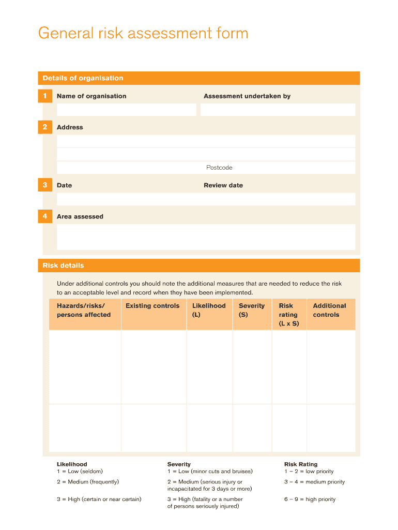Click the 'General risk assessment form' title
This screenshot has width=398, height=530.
click(143, 34)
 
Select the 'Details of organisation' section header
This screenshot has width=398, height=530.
click(83, 78)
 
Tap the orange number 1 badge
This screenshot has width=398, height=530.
click(45, 96)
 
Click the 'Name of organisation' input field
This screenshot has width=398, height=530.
click(127, 110)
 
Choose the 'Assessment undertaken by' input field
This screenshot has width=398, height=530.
click(278, 110)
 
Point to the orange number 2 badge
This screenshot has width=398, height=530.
click(45, 127)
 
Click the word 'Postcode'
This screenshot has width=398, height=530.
click(219, 168)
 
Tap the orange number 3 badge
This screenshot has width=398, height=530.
click(45, 185)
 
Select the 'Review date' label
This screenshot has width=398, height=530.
click(223, 185)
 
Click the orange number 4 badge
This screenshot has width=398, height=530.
click(45, 216)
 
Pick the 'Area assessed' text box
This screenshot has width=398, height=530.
click(206, 237)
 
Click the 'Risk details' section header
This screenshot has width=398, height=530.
click(63, 266)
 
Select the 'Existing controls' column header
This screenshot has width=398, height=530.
click(152, 306)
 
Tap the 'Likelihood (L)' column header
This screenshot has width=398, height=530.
click(209, 310)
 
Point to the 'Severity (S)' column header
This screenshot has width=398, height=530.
click(251, 310)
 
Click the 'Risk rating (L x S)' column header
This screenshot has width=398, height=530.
click(288, 315)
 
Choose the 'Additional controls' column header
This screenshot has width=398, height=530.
click(329, 310)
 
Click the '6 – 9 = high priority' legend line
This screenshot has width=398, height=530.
click(310, 499)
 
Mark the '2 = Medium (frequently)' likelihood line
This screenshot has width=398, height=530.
click(88, 482)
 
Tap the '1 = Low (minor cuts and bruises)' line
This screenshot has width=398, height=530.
click(210, 472)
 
